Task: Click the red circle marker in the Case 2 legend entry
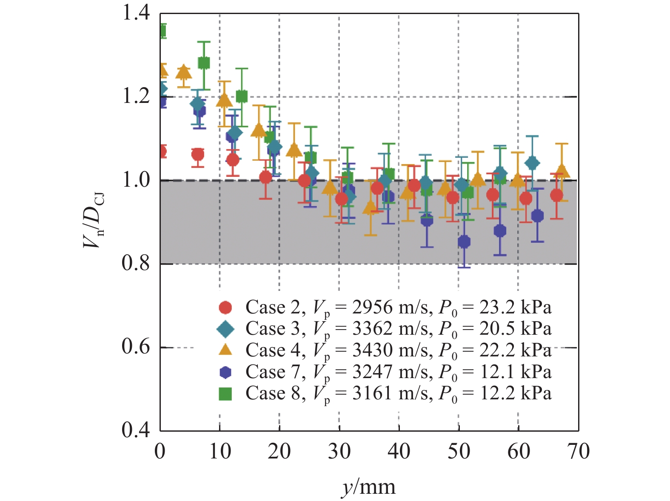coord(225,307)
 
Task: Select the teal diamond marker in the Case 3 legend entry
coord(225,328)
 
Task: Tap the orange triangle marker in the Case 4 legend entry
coord(225,350)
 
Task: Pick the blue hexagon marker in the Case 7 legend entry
coord(225,372)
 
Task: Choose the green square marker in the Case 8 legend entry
coord(225,394)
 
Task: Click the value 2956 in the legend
coord(371,307)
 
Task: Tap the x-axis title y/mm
coord(368,486)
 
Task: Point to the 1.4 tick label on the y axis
coord(136,13)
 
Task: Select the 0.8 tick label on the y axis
coord(136,263)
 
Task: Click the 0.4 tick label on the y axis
coord(136,430)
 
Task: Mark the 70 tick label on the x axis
coord(578,451)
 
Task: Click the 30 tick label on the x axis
coord(339,451)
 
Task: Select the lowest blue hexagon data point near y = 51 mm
coord(464,242)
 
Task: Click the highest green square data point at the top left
coord(162,31)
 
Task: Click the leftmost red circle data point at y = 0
coord(162,151)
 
